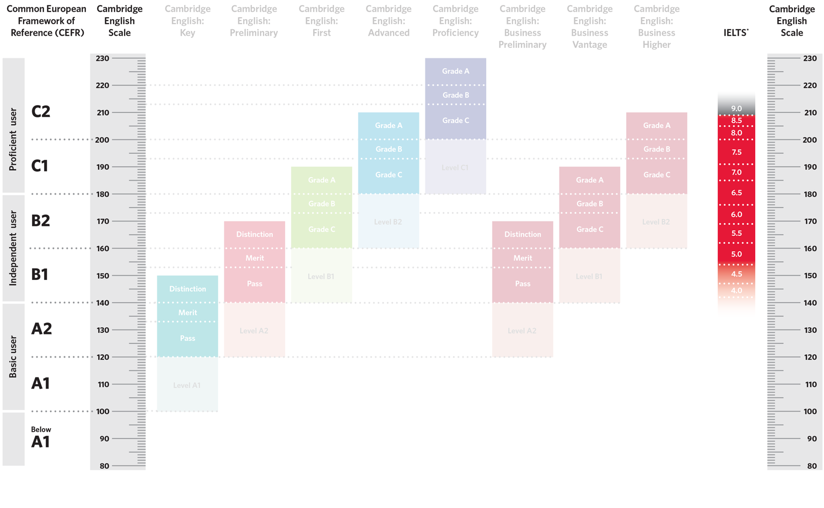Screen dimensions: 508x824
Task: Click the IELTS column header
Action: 736,33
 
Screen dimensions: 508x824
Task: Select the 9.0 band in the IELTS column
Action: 736,109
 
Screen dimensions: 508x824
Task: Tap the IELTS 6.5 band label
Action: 736,193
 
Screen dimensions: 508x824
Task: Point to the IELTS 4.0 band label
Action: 736,290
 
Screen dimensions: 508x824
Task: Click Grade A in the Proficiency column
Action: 455,71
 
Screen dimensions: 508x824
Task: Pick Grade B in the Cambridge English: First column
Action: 321,204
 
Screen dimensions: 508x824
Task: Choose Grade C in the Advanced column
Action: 389,175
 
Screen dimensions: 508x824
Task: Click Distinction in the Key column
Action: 187,289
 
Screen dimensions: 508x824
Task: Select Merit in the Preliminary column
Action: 254,258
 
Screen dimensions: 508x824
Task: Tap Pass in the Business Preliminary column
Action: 523,284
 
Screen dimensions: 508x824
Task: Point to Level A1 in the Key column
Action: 187,385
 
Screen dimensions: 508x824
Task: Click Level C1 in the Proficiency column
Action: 455,167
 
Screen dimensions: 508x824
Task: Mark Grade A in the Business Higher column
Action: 656,126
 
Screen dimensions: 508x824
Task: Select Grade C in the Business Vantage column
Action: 589,229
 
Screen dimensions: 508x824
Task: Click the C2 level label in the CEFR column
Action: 41,111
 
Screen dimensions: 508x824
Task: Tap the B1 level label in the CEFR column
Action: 40,274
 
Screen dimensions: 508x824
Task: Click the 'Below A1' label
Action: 41,437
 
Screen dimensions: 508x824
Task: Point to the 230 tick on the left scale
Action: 103,58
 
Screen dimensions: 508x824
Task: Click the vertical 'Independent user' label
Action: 13,248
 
